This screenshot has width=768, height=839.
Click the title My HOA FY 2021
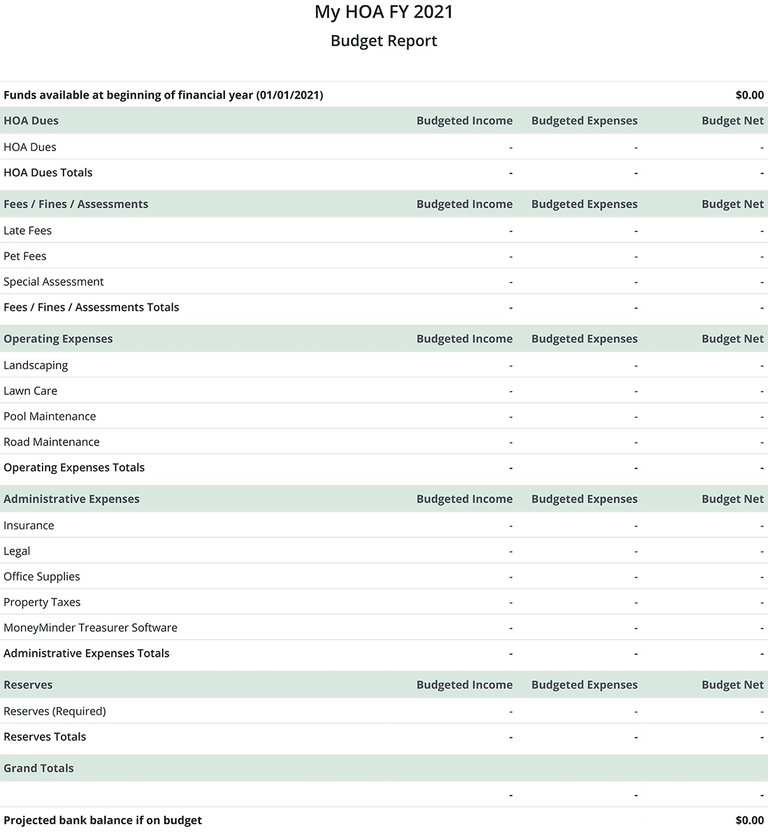pos(384,12)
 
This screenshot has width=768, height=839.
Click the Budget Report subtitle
pos(384,41)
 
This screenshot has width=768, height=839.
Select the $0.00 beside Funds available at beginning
pos(749,95)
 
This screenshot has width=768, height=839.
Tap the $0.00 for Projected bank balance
pos(749,820)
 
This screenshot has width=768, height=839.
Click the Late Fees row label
pos(28,231)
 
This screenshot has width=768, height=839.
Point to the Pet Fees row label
pos(25,257)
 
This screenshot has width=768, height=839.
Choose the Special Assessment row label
pos(54,282)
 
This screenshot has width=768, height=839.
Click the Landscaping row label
pos(36,366)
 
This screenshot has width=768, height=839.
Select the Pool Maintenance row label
pos(50,417)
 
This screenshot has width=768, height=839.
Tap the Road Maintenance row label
pos(52,442)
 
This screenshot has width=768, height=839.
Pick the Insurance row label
pos(29,526)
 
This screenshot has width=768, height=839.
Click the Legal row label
pos(17,552)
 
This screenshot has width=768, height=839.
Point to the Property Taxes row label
pos(42,603)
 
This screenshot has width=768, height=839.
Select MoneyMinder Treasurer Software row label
pos(91,628)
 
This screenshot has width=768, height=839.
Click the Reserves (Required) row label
pos(55,712)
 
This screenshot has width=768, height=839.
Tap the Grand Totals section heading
pos(38,768)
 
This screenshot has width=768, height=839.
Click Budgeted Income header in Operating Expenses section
pos(465,339)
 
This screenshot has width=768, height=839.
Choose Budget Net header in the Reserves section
pos(732,685)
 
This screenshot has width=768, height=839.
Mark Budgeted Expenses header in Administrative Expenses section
pos(584,499)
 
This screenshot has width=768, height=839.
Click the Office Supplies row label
pos(42,577)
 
